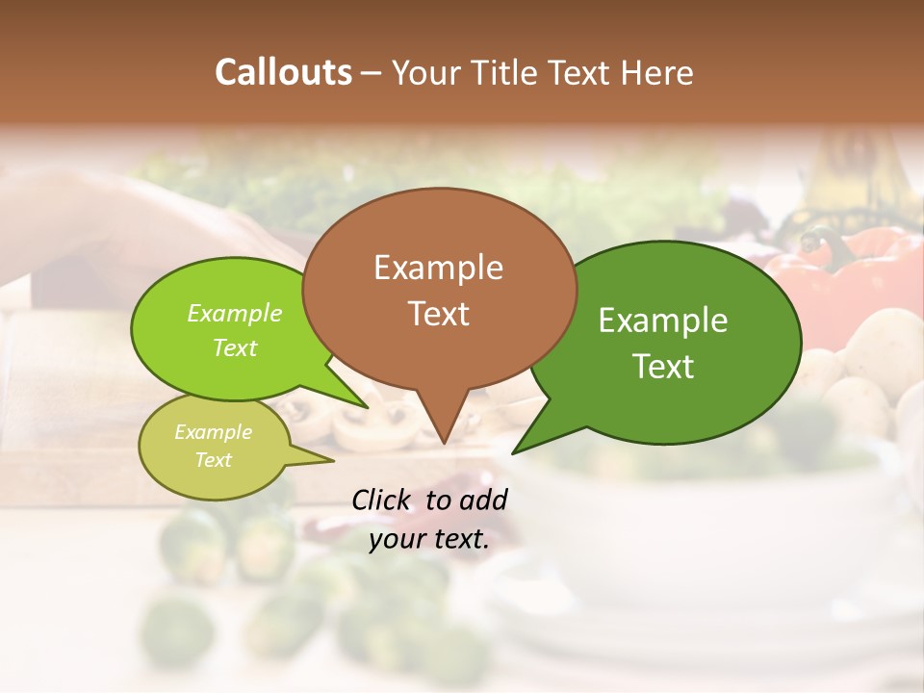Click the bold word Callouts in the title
[283, 72]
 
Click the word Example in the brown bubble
[438, 268]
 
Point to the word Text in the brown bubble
[438, 314]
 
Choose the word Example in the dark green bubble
[663, 321]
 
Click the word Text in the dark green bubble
[663, 367]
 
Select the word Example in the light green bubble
[235, 314]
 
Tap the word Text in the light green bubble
[235, 348]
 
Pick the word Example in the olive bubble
[213, 432]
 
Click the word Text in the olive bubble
[213, 460]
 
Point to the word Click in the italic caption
[383, 500]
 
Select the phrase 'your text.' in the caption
[429, 539]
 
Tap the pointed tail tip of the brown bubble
[443, 443]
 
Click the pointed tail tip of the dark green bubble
[513, 452]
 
